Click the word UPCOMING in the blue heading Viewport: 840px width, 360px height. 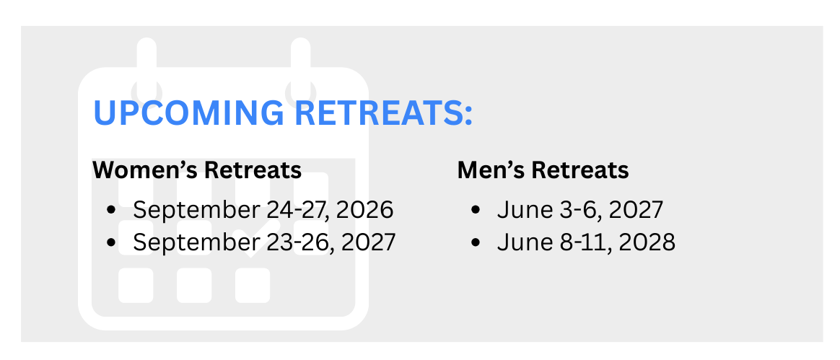coord(189,113)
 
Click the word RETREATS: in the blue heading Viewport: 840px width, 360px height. coord(384,113)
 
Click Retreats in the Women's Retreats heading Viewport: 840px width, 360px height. coord(253,170)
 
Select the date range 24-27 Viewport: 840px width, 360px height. coord(298,209)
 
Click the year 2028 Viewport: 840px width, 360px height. coord(647,242)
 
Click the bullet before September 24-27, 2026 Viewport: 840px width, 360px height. coord(111,210)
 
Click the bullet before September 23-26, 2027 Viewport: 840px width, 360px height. coord(111,242)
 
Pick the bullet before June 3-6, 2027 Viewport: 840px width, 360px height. coord(475,210)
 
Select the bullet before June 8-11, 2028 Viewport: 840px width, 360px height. coord(475,242)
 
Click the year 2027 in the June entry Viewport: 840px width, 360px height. coord(636,209)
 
